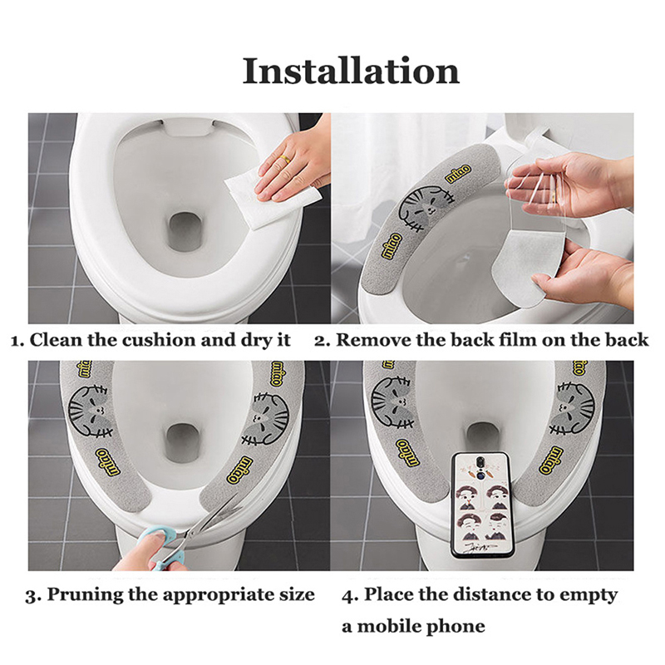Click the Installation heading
351,71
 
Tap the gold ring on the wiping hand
284,160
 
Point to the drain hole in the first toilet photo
185,232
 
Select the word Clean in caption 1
57,340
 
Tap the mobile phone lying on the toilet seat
482,505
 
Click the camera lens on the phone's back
480,461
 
